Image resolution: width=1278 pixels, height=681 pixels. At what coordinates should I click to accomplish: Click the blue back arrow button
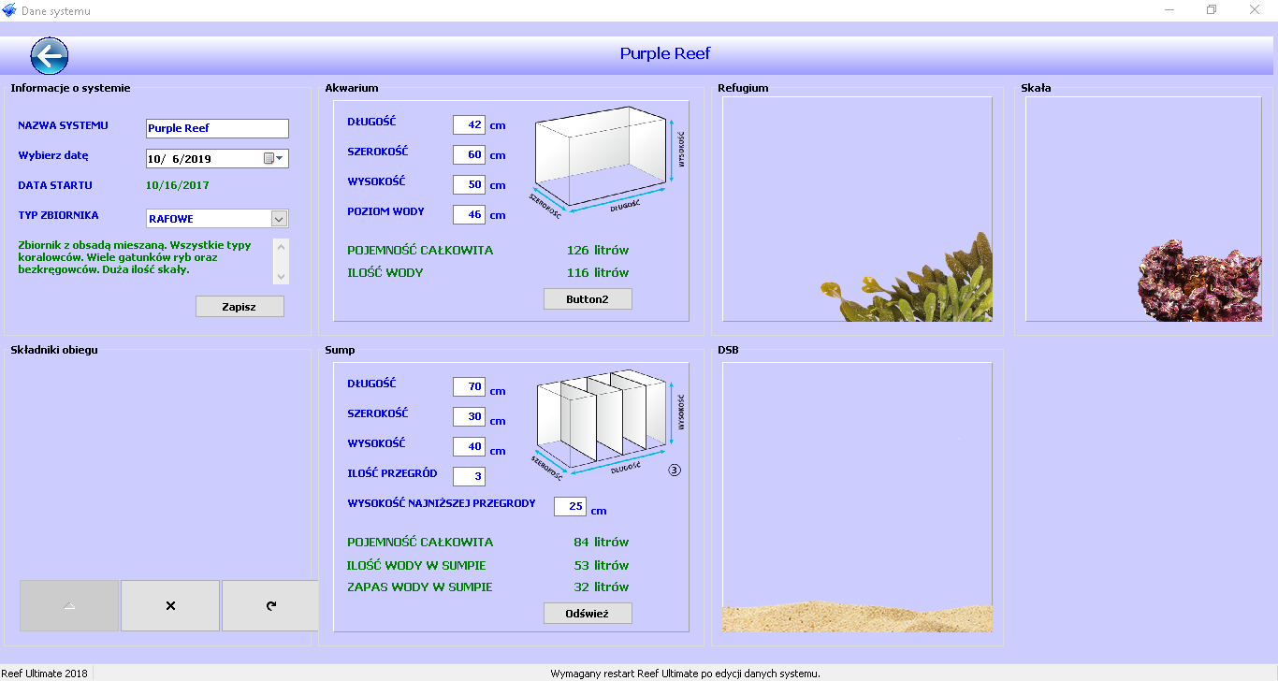point(49,56)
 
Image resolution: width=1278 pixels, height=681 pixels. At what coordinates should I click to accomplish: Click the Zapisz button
point(240,306)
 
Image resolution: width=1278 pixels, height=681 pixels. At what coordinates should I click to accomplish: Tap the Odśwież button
point(588,613)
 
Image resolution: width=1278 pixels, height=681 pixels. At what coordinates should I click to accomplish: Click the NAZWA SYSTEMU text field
point(217,128)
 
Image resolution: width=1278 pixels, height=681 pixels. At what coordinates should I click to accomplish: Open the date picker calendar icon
point(269,159)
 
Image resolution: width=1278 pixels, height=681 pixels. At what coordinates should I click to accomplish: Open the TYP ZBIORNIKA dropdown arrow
point(279,219)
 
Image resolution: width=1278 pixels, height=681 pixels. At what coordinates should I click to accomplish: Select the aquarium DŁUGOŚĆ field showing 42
point(469,125)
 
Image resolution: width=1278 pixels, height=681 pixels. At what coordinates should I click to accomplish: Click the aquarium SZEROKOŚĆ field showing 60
point(469,154)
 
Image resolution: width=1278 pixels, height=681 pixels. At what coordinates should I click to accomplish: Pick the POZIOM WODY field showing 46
point(469,214)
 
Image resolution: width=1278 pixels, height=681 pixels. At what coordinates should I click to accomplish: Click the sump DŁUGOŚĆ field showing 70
point(469,386)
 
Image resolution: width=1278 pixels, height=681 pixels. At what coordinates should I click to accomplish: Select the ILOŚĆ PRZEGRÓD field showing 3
point(469,476)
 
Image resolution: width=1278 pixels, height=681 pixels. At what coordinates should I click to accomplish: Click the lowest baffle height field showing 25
point(570,506)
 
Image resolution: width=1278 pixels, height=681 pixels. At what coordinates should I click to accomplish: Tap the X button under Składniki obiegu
point(170,606)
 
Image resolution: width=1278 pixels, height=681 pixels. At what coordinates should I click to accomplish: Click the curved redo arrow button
point(270,606)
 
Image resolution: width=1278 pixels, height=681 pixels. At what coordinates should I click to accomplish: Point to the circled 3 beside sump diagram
point(675,470)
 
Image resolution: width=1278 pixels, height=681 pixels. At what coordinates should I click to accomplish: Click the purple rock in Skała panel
point(1198,283)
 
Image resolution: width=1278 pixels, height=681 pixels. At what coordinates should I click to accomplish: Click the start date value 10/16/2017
point(178,185)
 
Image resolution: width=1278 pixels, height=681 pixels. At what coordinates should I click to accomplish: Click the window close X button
point(1254,9)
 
